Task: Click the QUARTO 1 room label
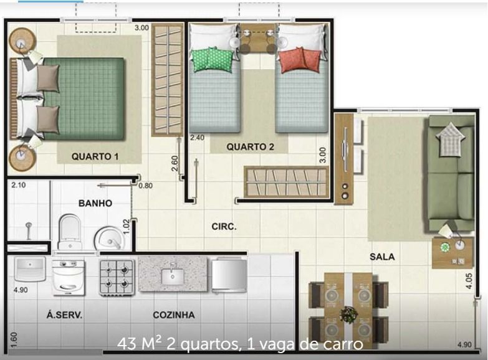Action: click(95, 156)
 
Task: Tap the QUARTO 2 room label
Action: click(250, 147)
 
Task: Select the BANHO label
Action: click(95, 203)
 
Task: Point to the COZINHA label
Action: click(174, 315)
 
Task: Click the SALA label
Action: click(382, 257)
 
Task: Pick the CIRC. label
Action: click(224, 227)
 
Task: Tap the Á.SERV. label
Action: click(64, 315)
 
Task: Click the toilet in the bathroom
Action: click(70, 231)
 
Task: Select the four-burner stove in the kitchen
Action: click(117, 278)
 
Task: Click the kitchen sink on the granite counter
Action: click(173, 274)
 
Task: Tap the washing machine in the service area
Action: click(68, 278)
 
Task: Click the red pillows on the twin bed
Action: click(299, 60)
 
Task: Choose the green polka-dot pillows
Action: click(213, 59)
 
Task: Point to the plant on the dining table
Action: click(348, 315)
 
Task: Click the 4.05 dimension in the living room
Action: click(469, 281)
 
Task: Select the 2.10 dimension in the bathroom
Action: click(18, 185)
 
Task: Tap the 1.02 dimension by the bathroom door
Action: click(126, 227)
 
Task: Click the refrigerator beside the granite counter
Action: click(229, 275)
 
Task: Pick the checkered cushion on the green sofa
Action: click(451, 140)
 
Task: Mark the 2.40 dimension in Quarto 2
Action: click(198, 138)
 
